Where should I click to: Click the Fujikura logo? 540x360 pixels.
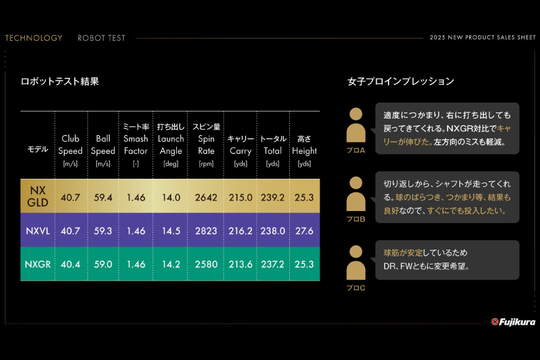513,322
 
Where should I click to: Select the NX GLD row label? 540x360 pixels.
38,196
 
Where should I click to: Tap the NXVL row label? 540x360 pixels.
38,230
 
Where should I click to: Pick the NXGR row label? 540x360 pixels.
38,264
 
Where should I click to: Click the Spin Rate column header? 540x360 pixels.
206,145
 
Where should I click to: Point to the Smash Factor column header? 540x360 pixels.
135,145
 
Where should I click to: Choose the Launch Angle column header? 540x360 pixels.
170,145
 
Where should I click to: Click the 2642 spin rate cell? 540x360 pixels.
206,197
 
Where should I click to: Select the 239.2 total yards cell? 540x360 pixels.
273,197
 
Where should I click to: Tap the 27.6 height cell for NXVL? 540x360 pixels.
304,230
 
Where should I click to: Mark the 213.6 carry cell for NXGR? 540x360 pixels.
240,264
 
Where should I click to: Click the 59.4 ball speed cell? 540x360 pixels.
103,197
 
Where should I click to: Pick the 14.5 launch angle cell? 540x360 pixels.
170,230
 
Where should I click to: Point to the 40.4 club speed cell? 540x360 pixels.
70,264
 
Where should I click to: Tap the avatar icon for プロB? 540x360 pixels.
356,195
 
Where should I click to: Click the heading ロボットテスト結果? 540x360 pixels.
60,81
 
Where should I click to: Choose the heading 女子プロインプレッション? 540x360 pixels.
400,81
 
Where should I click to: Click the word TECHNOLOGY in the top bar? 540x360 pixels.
34,38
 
